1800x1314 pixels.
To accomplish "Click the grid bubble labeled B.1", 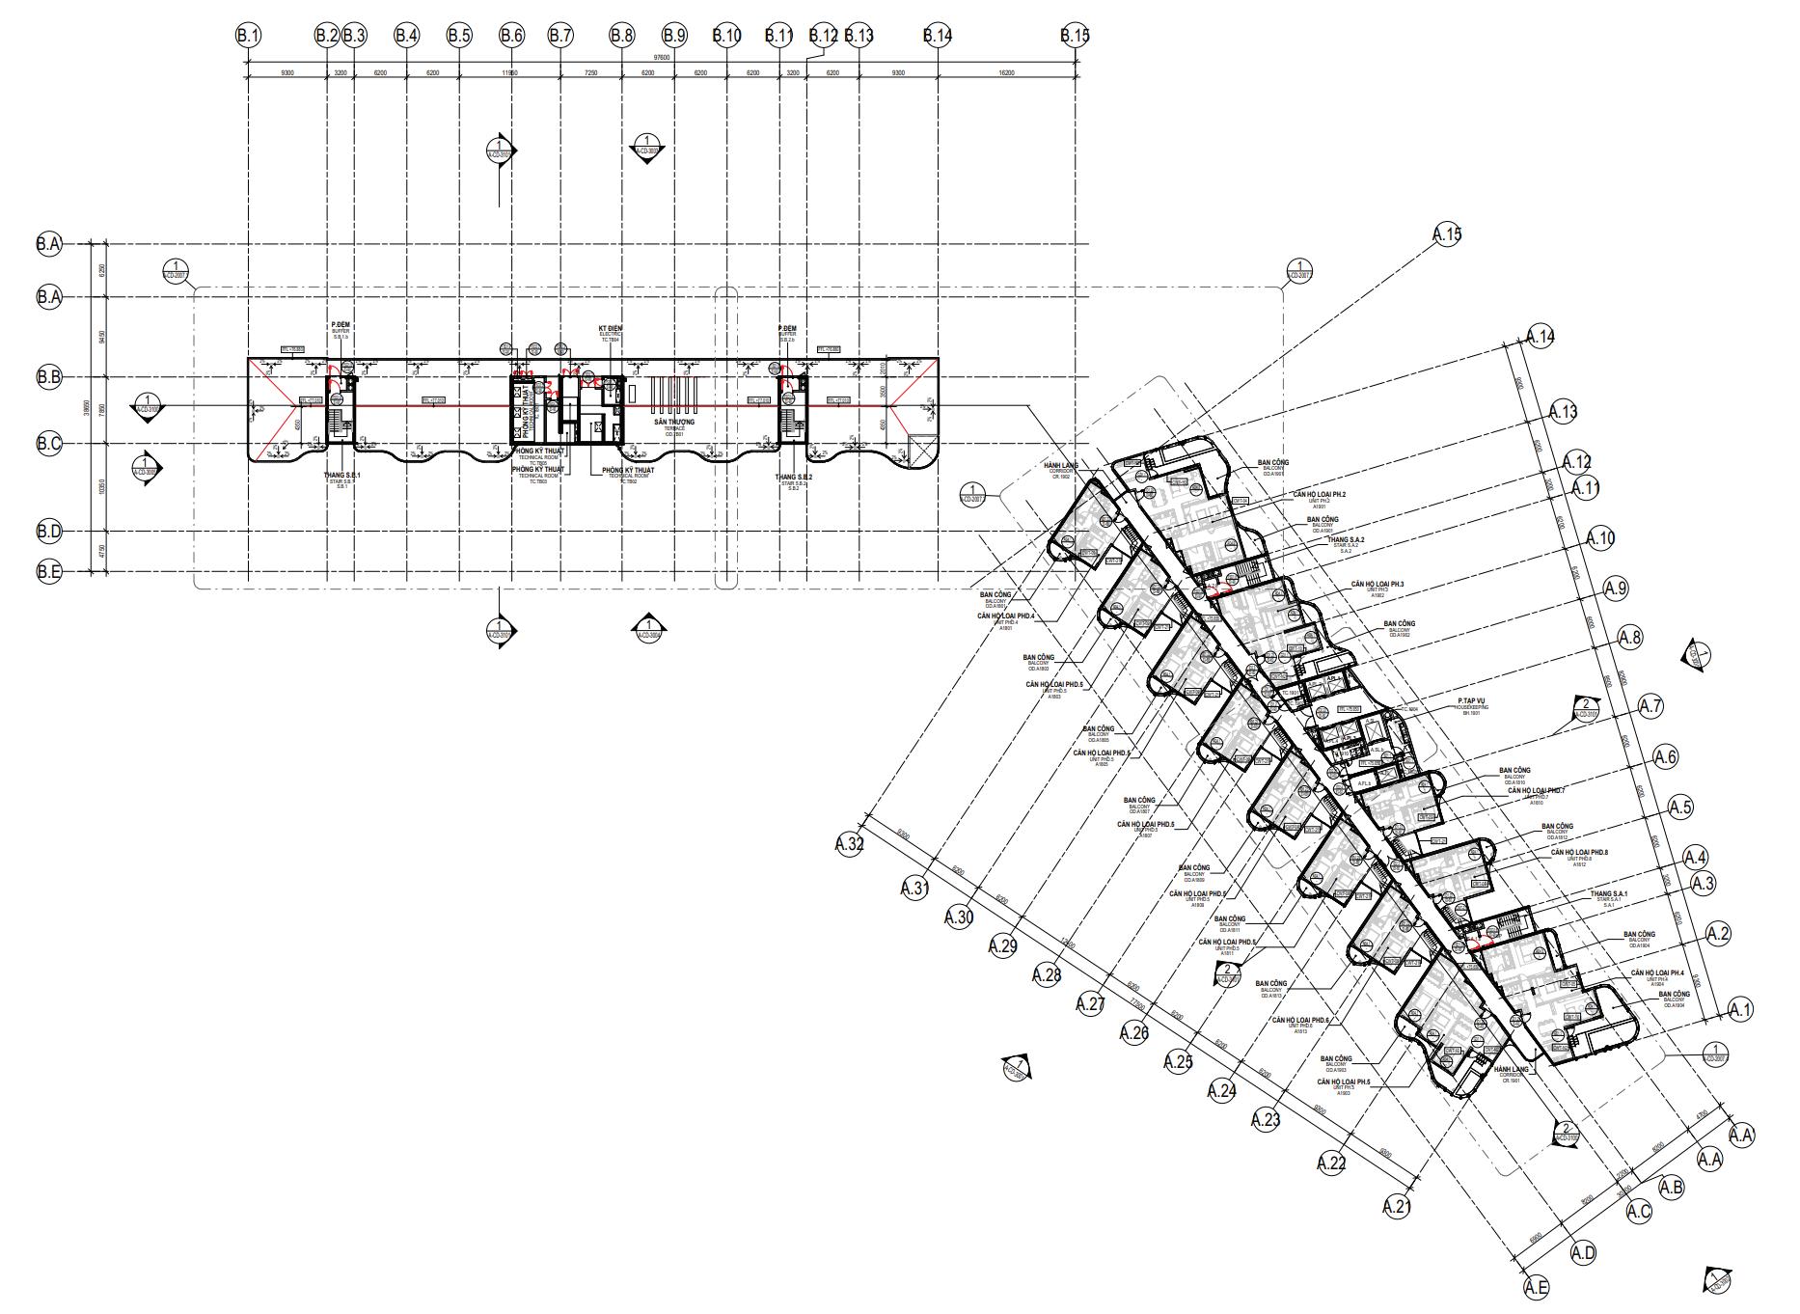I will point(249,36).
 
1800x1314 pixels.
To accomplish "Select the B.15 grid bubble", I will point(1075,36).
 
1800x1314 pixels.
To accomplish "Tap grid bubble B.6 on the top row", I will point(511,36).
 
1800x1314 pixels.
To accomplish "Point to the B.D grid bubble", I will point(49,531).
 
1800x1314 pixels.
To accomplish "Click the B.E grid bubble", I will point(49,572).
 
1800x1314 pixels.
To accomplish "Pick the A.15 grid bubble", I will point(1447,234).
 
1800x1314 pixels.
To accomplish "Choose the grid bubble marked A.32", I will point(850,845).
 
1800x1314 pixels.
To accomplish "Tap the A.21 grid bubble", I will point(1397,1206).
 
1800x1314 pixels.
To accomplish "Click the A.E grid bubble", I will point(1537,1287).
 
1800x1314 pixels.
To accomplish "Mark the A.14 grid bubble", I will point(1541,338).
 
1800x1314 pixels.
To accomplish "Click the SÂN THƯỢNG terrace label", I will point(673,423).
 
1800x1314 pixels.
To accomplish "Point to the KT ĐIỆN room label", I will point(610,329).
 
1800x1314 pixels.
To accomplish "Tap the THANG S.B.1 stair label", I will point(341,477).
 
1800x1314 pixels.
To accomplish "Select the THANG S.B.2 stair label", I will point(793,477).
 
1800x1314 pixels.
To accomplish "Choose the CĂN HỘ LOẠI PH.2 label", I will point(1319,494).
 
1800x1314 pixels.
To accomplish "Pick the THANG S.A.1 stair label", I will point(1608,893).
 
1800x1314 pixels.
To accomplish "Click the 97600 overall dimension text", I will point(661,58).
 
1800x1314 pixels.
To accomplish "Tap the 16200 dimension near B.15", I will point(1006,73).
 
